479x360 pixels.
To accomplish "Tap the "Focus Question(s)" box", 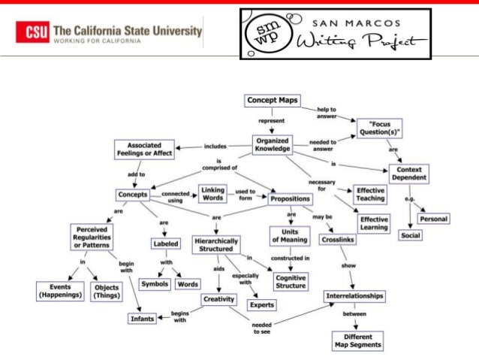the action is point(379,127).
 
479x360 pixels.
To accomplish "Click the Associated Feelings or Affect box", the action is point(145,149).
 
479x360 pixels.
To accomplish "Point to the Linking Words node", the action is point(212,194).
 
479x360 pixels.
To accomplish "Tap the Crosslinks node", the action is point(337,239).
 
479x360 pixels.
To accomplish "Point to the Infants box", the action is point(142,319).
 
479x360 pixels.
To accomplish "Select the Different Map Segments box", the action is point(357,340).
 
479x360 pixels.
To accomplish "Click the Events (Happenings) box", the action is point(59,291).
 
